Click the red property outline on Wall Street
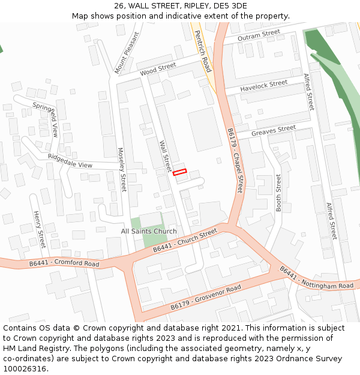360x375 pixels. [x=180, y=172]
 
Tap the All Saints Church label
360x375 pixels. [x=149, y=231]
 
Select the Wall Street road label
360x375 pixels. [x=166, y=156]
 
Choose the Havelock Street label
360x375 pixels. [x=264, y=86]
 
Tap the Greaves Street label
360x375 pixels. [x=274, y=131]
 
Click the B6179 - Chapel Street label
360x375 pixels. [x=235, y=160]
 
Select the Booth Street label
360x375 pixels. [x=278, y=192]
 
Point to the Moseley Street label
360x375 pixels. [x=122, y=170]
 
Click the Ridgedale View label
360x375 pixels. [x=70, y=161]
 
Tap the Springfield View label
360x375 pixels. [x=46, y=119]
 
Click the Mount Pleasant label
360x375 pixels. [x=127, y=52]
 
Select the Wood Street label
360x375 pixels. [x=158, y=69]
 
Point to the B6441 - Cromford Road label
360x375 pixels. [x=64, y=263]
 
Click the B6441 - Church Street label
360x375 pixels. [x=185, y=241]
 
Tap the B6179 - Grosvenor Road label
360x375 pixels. [x=205, y=298]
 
